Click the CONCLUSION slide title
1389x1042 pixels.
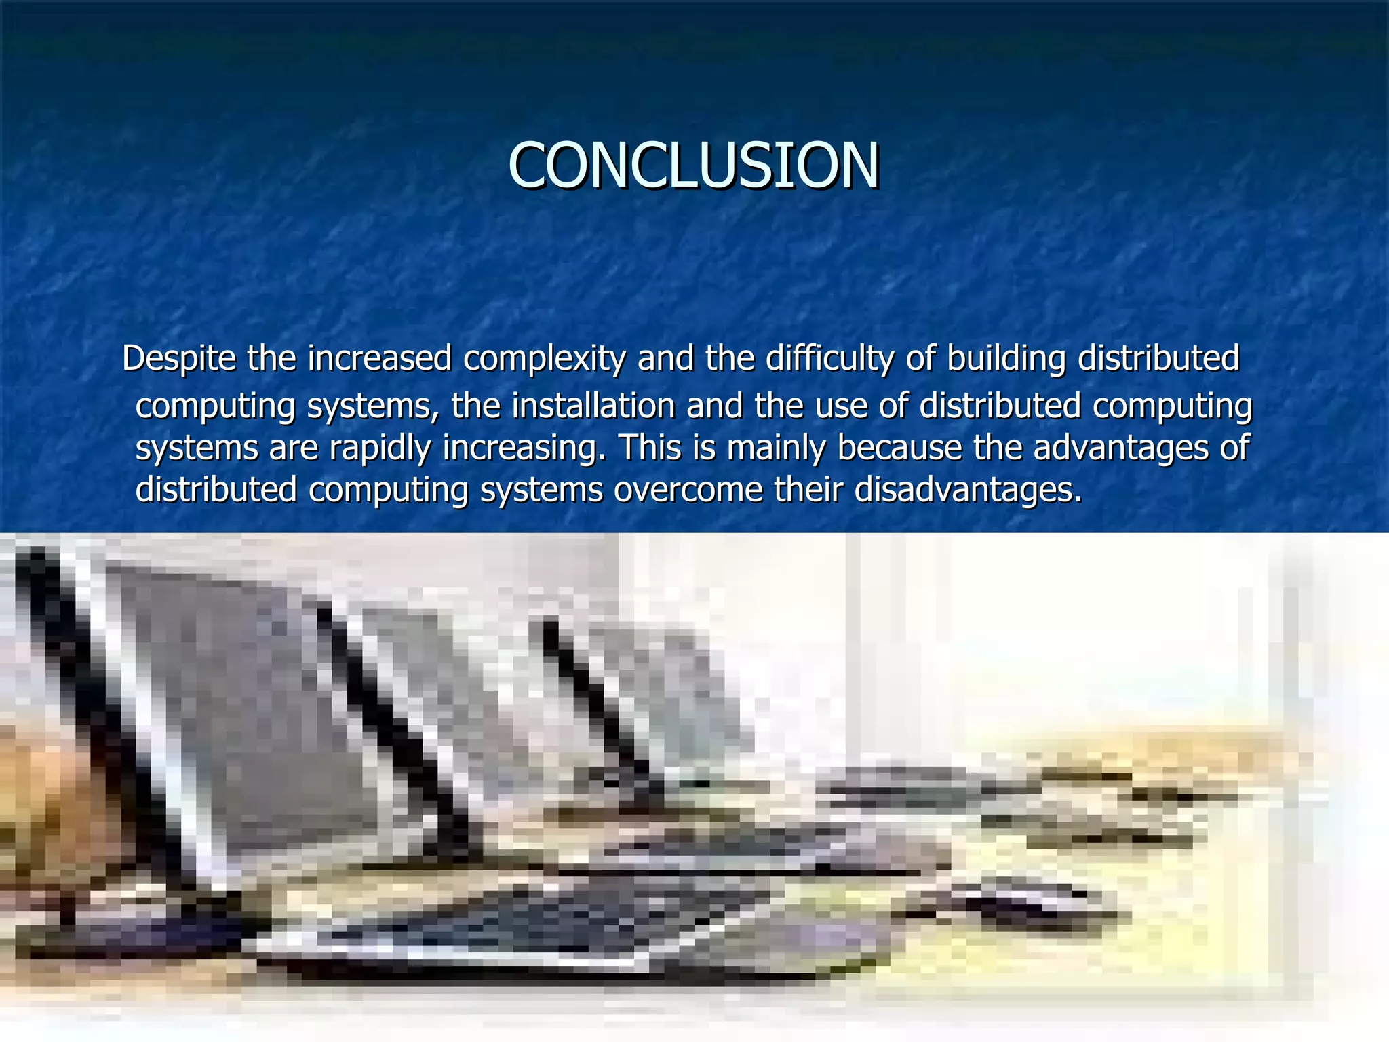coord(694,165)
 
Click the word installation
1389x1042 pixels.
coord(593,406)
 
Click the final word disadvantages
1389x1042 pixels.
coord(967,490)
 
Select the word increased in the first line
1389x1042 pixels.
coord(379,358)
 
